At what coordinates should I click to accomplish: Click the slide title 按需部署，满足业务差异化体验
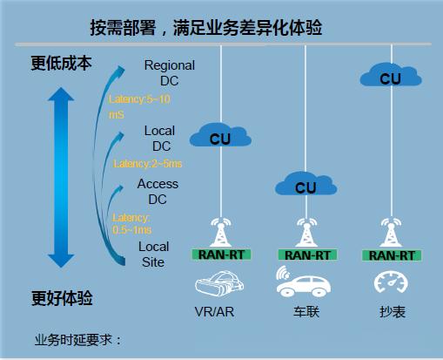(206, 28)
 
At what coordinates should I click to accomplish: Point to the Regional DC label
(169, 73)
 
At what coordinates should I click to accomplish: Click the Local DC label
(159, 139)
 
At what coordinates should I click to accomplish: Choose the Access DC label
(158, 191)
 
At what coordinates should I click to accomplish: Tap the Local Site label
(154, 254)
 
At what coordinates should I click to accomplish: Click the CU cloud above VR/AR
(221, 136)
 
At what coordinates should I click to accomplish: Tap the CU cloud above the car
(305, 186)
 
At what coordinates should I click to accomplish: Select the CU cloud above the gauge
(389, 78)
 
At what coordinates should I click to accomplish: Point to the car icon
(304, 281)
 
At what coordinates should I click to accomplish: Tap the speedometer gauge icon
(389, 282)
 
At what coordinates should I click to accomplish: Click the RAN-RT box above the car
(305, 255)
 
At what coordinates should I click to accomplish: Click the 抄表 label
(389, 311)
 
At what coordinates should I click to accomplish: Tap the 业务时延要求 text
(78, 340)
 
